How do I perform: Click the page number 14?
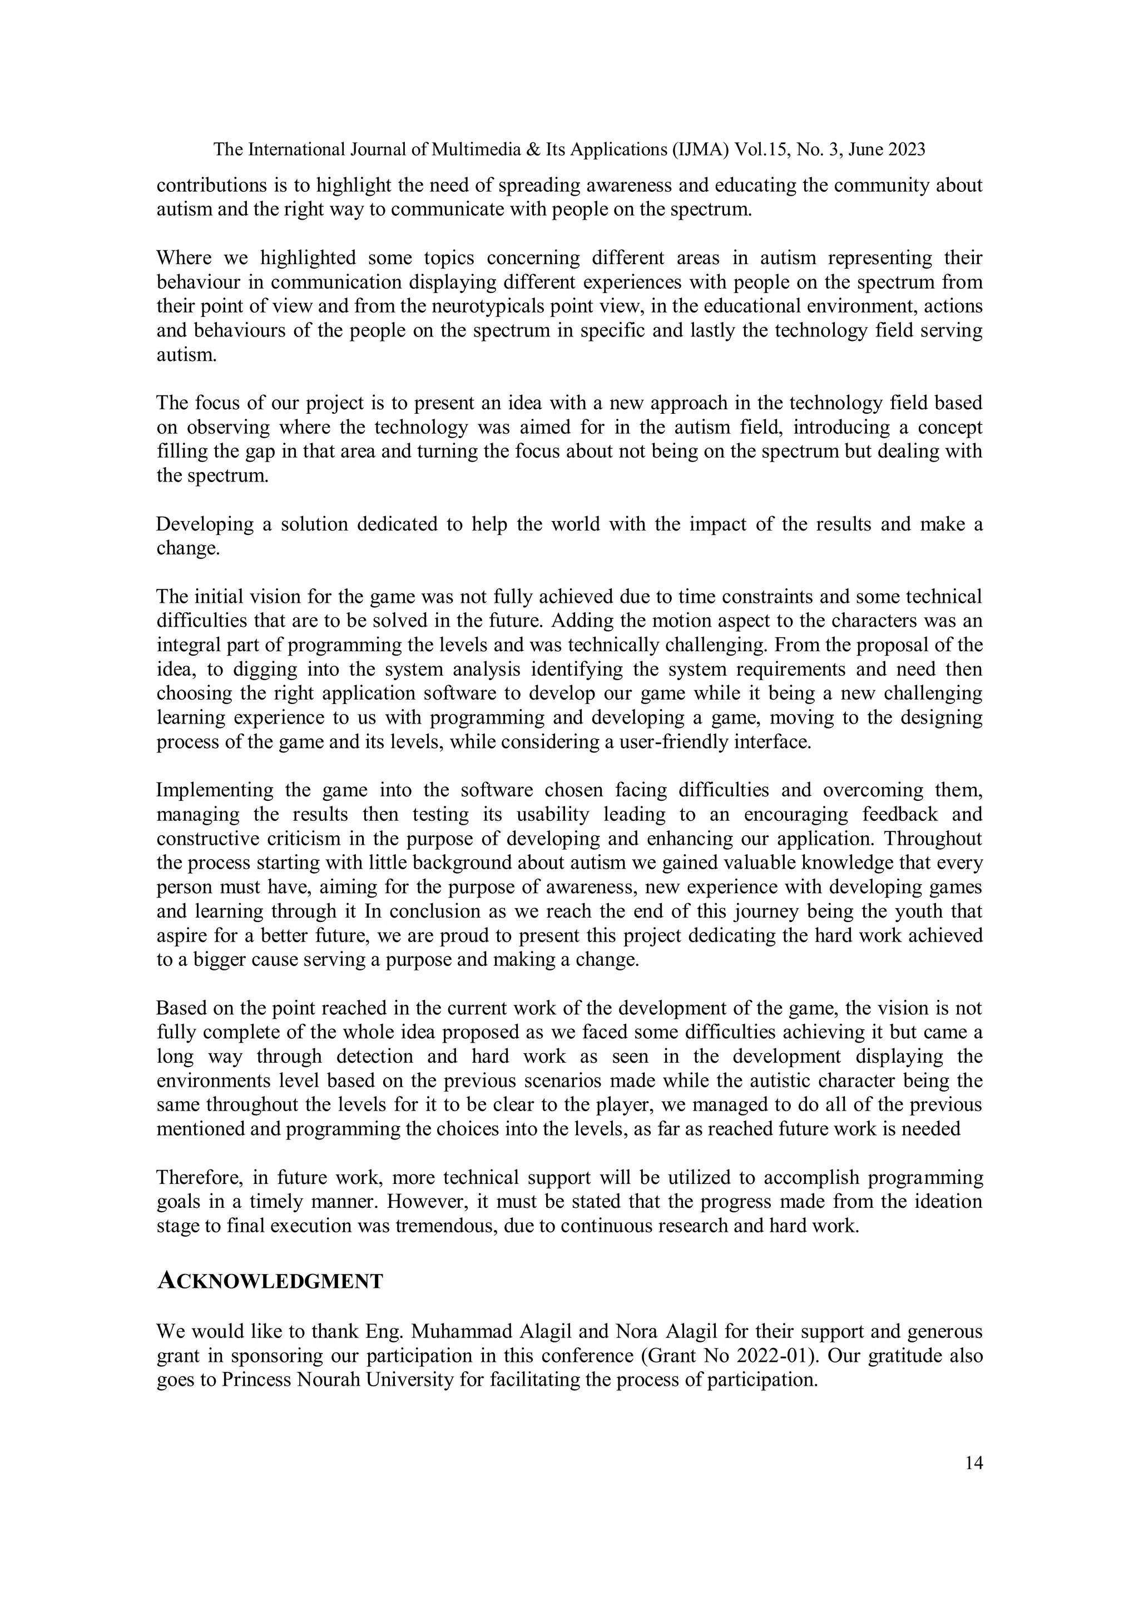coord(973,1463)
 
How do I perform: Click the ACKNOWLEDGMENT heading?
coord(270,1281)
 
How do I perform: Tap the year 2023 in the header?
coord(906,150)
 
